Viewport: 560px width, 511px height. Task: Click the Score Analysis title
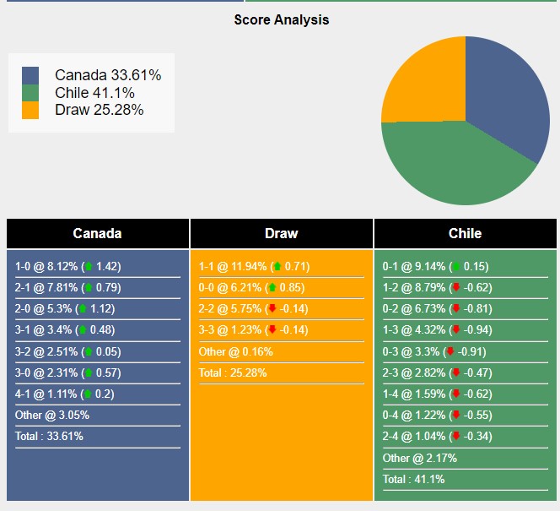coord(282,19)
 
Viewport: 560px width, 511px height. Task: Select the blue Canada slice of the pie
coord(506,93)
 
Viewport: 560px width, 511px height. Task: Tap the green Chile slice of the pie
coord(455,165)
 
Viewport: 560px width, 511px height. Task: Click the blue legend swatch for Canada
coord(30,75)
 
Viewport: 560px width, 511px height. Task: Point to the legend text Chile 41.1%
coord(94,93)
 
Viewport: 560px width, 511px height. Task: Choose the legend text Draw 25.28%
coord(99,110)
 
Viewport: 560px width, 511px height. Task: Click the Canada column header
coord(97,233)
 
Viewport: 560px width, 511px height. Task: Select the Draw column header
coord(281,233)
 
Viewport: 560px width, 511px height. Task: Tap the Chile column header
coord(465,233)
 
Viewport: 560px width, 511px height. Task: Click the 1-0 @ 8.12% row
coord(67,266)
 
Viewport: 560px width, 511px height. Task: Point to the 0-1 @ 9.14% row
coord(435,266)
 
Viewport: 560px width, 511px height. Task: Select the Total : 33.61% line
coord(49,437)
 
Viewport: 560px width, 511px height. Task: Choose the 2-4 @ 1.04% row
coord(435,437)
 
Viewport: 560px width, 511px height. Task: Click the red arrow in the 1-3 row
coord(456,330)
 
